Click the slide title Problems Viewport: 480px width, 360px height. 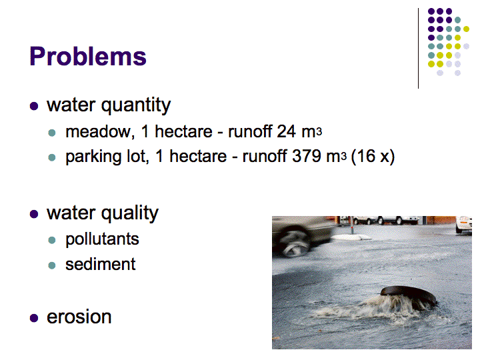[88, 56]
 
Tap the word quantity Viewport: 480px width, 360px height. [136, 106]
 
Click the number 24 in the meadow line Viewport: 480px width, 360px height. [286, 131]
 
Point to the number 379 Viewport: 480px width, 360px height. [307, 156]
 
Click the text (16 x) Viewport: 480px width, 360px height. [373, 157]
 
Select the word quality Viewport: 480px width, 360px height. [130, 214]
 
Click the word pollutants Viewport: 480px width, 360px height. [102, 239]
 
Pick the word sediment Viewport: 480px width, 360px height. [101, 264]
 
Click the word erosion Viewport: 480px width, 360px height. [79, 317]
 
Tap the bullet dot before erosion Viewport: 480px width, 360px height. [34, 318]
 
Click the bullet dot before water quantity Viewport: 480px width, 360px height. [34, 106]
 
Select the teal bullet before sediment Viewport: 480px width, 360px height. [52, 265]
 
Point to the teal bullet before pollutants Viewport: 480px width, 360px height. [52, 240]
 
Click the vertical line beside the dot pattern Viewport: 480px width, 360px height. [418, 49]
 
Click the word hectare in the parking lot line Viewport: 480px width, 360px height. [198, 156]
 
